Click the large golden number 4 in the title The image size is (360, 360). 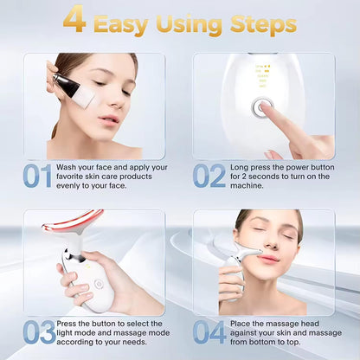74,21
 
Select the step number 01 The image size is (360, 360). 38,176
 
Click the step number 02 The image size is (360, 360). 209,176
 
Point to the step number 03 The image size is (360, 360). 38,332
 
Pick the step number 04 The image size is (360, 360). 209,332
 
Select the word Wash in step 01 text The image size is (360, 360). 72,167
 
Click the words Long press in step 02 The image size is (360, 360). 253,167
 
